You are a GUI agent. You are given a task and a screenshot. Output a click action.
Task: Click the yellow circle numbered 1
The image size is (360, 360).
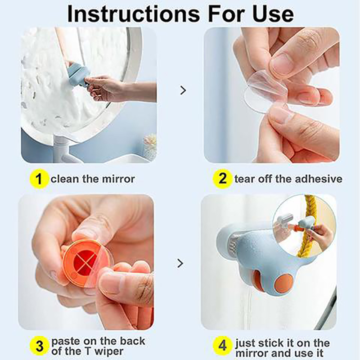coord(39,179)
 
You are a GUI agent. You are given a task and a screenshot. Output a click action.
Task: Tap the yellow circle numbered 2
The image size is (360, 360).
coord(222,179)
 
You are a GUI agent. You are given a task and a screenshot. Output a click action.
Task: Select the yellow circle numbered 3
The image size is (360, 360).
coord(39,346)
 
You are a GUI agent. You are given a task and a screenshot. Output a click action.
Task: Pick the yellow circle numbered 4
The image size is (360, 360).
coord(222,346)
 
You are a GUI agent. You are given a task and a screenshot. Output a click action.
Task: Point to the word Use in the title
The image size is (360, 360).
coord(273,14)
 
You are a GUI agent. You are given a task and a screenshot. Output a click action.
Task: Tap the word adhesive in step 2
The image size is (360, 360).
coord(319,179)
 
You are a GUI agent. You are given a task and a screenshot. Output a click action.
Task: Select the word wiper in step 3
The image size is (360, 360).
coord(109,352)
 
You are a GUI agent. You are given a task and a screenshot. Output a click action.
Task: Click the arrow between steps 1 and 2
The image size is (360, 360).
coord(183,90)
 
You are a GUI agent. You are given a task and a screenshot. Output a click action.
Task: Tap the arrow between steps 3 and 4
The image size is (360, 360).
coord(180,263)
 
